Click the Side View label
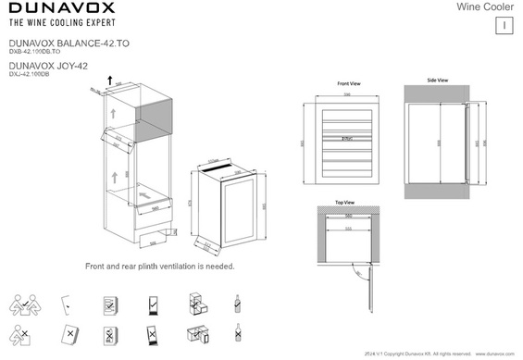pos(438,81)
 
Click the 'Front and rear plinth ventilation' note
pos(159,266)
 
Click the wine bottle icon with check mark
pos(239,303)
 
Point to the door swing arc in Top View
pos(357,269)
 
